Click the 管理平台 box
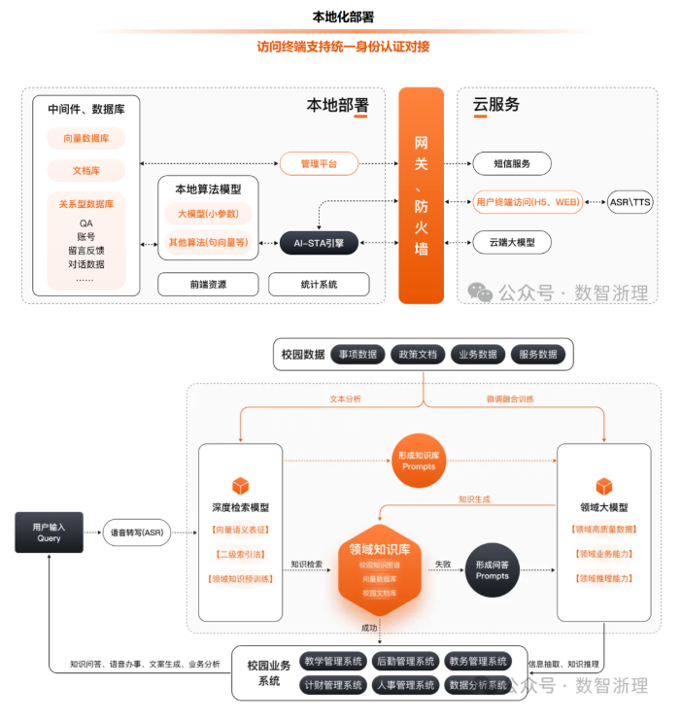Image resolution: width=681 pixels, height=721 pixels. pos(319,164)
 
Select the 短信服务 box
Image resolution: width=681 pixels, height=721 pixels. pos(512,164)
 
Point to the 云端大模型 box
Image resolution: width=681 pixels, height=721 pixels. pos(512,242)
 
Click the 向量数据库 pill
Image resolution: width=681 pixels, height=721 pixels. pos(86,138)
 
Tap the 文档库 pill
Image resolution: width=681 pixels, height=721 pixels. pos(86,170)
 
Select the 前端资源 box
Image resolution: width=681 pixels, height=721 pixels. pos(209,284)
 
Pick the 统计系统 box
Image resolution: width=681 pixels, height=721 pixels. pos(319,284)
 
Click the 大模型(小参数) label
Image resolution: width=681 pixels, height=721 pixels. pos(208,214)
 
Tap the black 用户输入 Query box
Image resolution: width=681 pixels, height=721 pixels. pos(49,532)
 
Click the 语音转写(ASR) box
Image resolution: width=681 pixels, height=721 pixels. pos(142,532)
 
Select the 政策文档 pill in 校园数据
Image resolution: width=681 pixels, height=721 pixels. pos(419,355)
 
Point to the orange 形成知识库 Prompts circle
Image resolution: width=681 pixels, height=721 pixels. pos(419,460)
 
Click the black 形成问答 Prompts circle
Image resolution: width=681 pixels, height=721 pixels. pos(493,569)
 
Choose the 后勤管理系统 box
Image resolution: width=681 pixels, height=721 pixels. pos(405,662)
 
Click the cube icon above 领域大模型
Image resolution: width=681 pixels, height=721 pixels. pos(604,485)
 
